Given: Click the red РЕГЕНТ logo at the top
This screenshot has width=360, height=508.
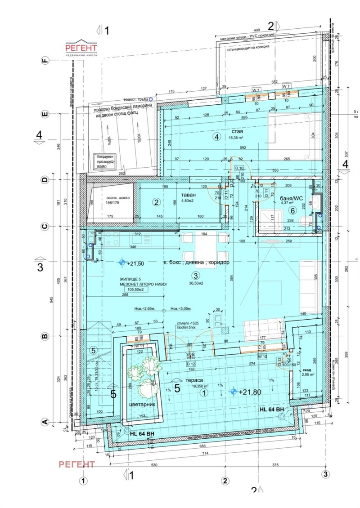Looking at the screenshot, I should [81, 48].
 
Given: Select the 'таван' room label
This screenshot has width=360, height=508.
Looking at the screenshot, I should [189, 195].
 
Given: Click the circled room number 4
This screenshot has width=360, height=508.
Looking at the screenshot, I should [217, 137].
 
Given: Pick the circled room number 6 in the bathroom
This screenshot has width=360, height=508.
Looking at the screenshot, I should [292, 210].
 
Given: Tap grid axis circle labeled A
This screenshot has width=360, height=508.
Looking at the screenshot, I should [45, 422].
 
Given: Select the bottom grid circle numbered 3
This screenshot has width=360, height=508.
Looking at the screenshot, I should [325, 473].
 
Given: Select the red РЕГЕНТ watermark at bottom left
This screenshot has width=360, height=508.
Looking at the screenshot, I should [77, 464].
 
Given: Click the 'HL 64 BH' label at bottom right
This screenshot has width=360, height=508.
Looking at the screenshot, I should [271, 410].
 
